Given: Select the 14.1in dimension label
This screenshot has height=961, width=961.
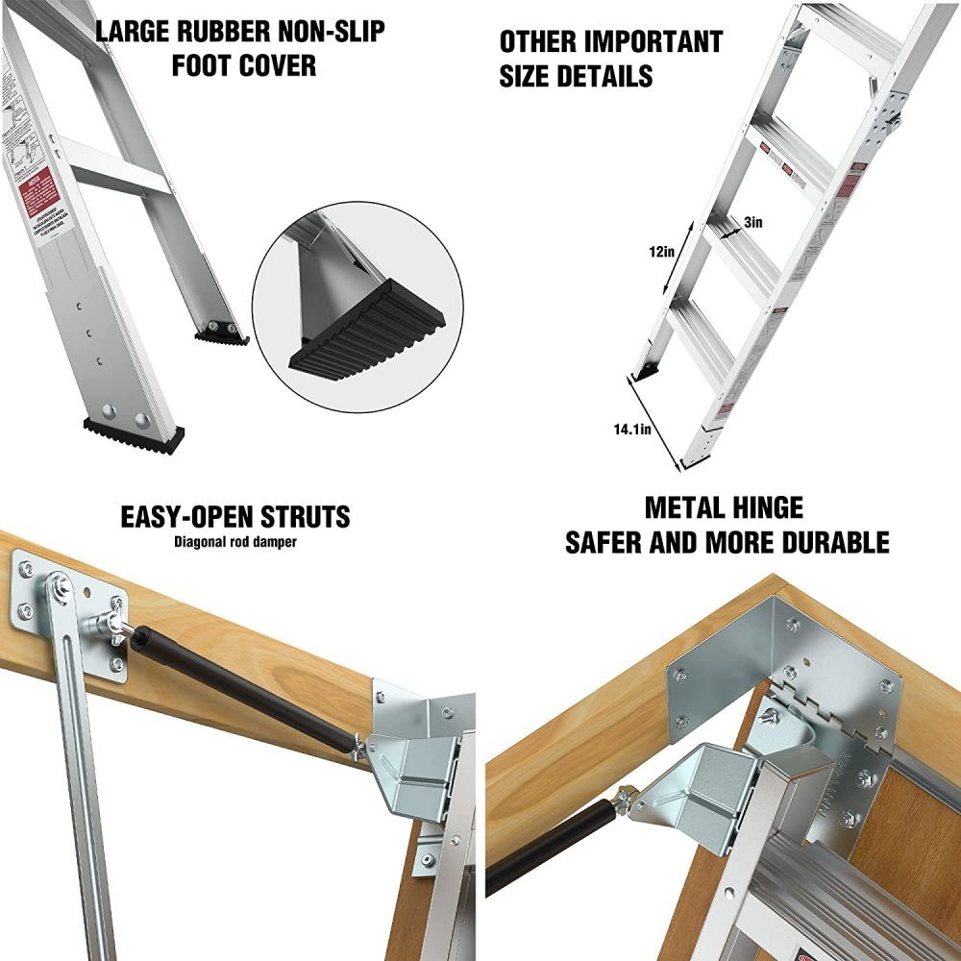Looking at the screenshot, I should coord(632,430).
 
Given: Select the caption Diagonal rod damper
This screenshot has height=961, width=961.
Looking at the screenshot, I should coord(235,541).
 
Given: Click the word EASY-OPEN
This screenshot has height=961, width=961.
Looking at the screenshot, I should coord(180,517).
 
